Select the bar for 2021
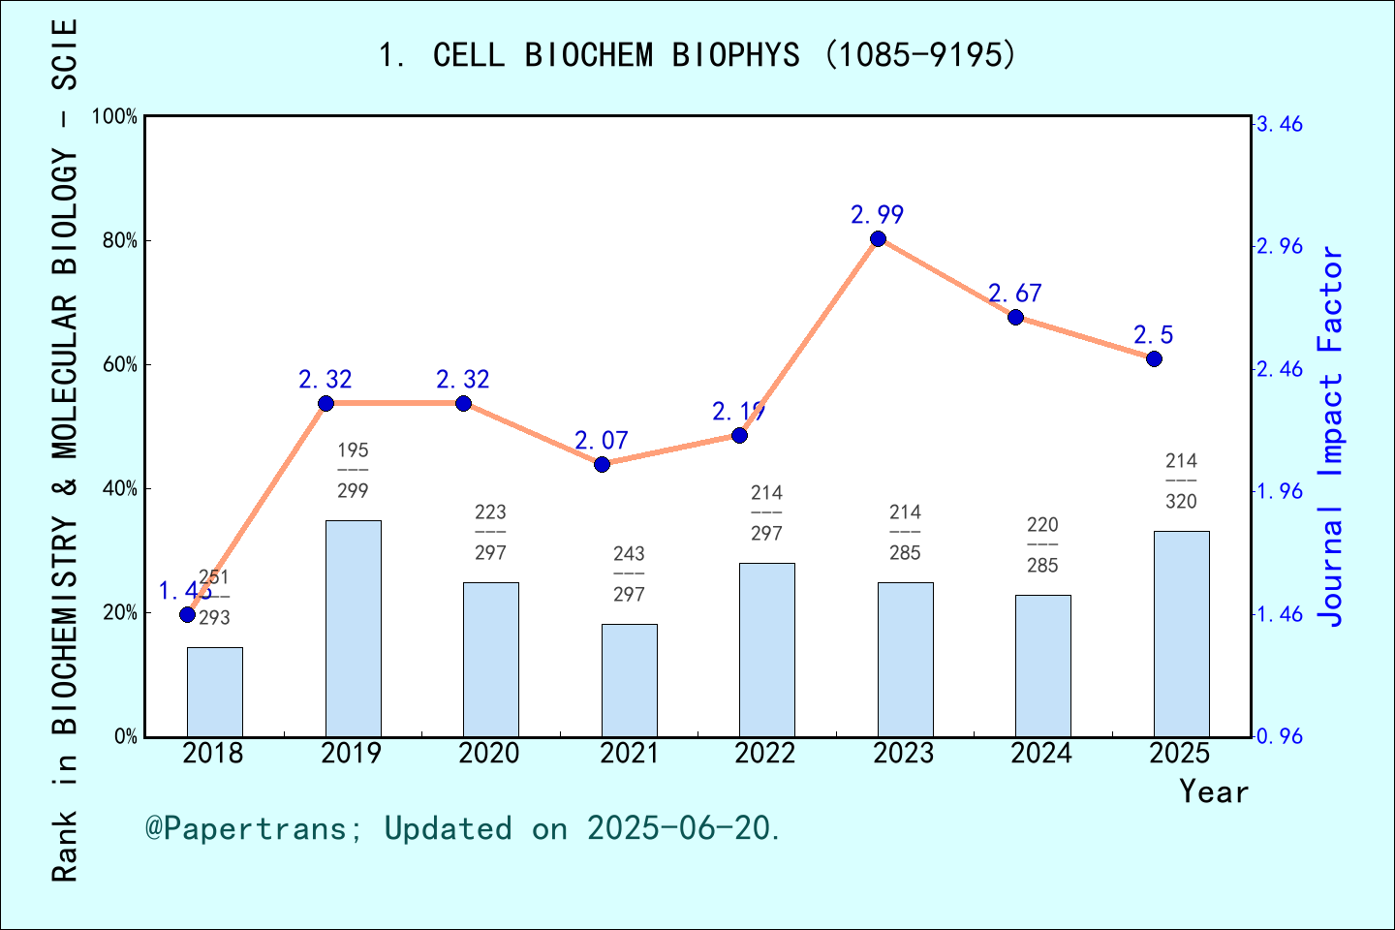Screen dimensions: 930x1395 pos(629,680)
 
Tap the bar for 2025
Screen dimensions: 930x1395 pos(1181,634)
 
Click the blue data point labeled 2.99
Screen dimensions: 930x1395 pos(878,239)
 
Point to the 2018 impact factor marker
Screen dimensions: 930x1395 pos(188,614)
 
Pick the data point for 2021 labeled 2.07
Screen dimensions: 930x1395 pos(602,464)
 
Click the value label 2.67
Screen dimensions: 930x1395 pos(1014,294)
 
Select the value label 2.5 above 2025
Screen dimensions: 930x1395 pos(1153,335)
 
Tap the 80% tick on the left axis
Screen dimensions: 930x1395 pos(120,241)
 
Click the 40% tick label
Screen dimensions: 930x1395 pos(120,489)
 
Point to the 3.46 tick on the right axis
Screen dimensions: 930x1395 pos(1280,124)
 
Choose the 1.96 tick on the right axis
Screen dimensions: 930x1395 pos(1280,491)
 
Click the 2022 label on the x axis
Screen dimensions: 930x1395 pos(765,754)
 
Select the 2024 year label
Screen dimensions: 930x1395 pos(1041,754)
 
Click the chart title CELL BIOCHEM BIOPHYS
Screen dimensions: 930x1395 pos(697,55)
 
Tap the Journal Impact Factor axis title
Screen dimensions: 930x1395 pos(1331,436)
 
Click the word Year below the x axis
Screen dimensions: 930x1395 pos(1214,791)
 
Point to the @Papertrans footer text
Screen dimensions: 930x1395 pos(463,828)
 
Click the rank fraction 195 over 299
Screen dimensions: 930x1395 pos(353,471)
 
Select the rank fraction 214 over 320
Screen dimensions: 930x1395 pos(1181,481)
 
